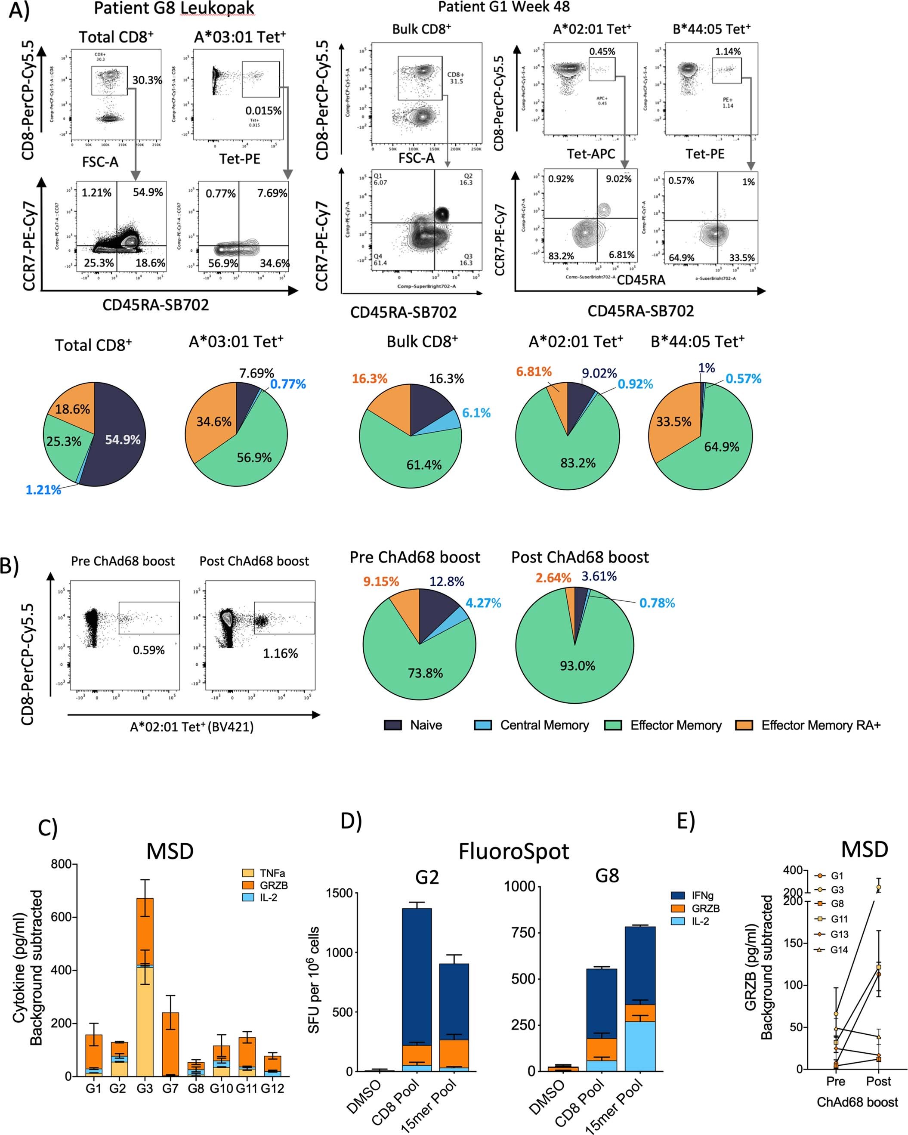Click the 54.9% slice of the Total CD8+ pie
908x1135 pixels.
pyautogui.click(x=122, y=439)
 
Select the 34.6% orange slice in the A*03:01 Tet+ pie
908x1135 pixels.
pyautogui.click(x=213, y=422)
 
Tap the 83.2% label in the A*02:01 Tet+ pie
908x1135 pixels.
pyautogui.click(x=578, y=463)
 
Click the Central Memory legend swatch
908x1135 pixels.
pyautogui.click(x=483, y=725)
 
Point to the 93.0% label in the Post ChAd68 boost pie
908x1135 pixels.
pyautogui.click(x=577, y=666)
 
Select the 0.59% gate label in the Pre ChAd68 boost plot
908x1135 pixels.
pyautogui.click(x=148, y=650)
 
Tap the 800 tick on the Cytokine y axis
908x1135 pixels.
pyautogui.click(x=61, y=864)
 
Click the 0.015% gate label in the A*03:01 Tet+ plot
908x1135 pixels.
pyautogui.click(x=263, y=111)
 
